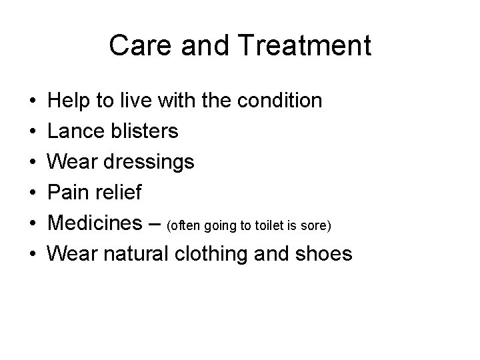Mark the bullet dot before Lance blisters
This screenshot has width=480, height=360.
(x=33, y=131)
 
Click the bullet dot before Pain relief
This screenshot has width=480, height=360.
(x=33, y=193)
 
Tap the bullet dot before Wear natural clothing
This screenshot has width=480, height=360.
(x=33, y=254)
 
